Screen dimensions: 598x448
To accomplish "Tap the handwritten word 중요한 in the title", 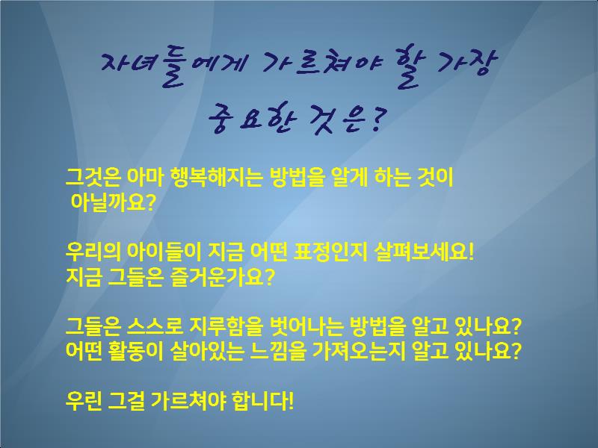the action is [x=253, y=120].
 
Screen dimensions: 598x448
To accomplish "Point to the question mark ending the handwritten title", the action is [x=377, y=119].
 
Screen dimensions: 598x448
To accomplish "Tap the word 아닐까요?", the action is [x=113, y=202].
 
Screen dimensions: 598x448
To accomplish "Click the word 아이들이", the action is [x=164, y=252].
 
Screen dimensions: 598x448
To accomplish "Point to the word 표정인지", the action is [x=330, y=252].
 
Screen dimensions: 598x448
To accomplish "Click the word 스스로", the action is [x=155, y=326].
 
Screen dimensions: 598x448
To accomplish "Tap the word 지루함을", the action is [x=226, y=326].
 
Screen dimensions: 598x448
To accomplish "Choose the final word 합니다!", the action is [x=262, y=400].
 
